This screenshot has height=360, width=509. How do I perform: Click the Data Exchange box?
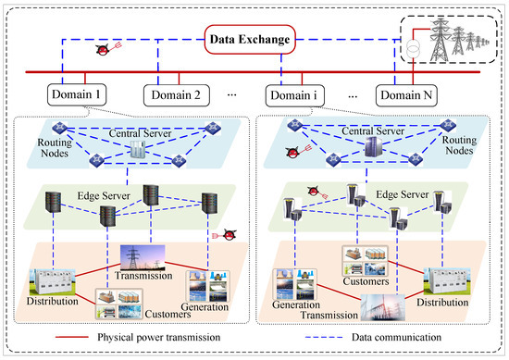(x=250, y=39)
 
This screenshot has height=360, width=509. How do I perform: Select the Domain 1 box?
(x=77, y=94)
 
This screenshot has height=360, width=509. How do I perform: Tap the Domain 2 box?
(x=176, y=95)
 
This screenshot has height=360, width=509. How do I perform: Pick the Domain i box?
(x=294, y=95)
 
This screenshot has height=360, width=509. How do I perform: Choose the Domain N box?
(x=406, y=95)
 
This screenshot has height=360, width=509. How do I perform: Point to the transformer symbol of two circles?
(x=414, y=50)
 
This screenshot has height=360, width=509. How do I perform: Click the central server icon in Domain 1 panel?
(x=137, y=150)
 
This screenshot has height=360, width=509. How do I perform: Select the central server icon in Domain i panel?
(x=373, y=147)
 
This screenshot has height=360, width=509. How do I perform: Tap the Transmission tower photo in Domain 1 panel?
(x=143, y=258)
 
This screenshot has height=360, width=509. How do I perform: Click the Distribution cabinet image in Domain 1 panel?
(x=52, y=281)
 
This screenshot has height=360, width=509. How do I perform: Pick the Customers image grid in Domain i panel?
(x=365, y=261)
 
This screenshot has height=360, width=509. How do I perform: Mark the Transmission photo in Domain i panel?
(x=383, y=307)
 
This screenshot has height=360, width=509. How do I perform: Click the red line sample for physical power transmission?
(x=72, y=337)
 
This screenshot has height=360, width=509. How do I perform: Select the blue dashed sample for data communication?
(x=324, y=337)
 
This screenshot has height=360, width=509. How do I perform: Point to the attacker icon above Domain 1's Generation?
(x=224, y=235)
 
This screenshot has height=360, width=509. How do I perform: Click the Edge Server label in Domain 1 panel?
(x=104, y=196)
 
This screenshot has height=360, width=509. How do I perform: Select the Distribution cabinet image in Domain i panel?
(x=447, y=280)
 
